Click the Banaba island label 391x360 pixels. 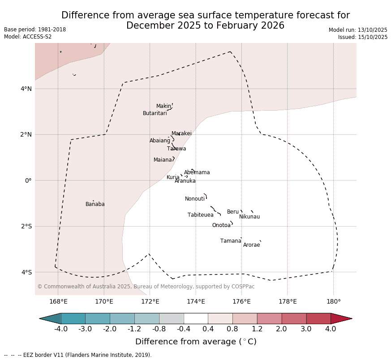pyautogui.click(x=95, y=204)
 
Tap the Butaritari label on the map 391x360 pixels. pyautogui.click(x=155, y=113)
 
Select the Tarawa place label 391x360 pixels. pyautogui.click(x=176, y=149)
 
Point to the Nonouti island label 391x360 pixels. pyautogui.click(x=195, y=199)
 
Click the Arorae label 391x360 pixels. pyautogui.click(x=251, y=245)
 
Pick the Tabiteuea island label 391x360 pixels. pyautogui.click(x=200, y=215)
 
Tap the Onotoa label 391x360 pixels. pyautogui.click(x=221, y=225)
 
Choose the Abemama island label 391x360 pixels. pyautogui.click(x=197, y=172)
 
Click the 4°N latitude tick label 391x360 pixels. pyautogui.click(x=26, y=89)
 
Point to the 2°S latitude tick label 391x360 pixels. pyautogui.click(x=26, y=226)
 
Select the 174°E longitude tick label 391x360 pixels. pyautogui.click(x=196, y=301)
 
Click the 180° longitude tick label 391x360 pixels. pyautogui.click(x=333, y=301)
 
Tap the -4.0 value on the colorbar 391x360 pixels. pyautogui.click(x=61, y=329)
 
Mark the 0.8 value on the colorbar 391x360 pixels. pyautogui.click(x=232, y=329)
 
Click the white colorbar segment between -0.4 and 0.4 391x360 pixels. pyautogui.click(x=196, y=318)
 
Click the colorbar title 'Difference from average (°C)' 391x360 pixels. pyautogui.click(x=196, y=342)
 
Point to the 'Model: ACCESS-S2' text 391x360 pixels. pyautogui.click(x=28, y=37)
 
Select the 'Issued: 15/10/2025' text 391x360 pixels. pyautogui.click(x=363, y=37)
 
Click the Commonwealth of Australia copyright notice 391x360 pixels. pyautogui.click(x=146, y=287)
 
